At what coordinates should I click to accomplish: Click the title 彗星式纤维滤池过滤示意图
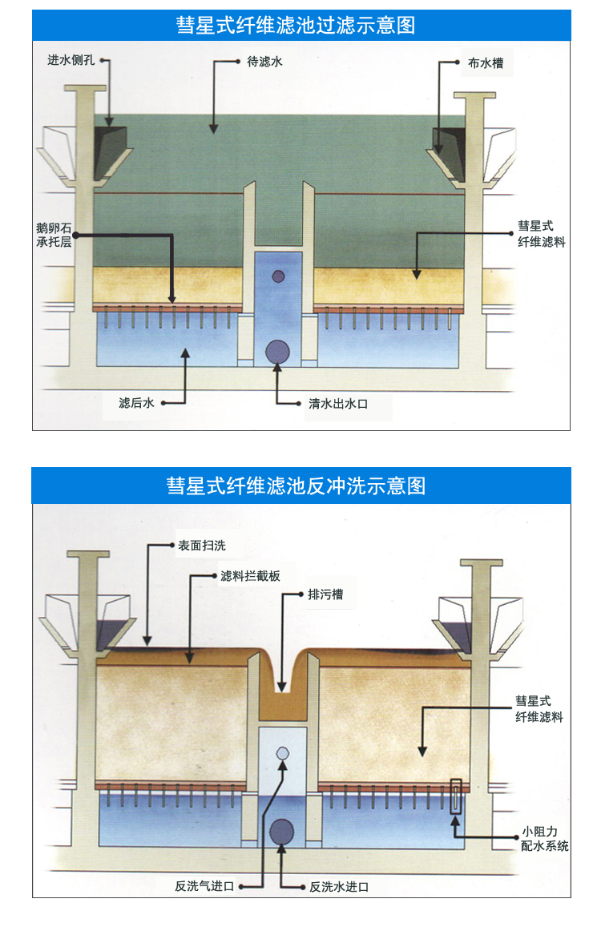(x=296, y=25)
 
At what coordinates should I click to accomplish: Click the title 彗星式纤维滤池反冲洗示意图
(x=296, y=486)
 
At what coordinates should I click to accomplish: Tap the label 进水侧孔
(x=72, y=60)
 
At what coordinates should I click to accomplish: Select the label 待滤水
(x=265, y=60)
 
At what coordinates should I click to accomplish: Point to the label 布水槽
(x=486, y=62)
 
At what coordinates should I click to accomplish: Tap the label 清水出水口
(x=338, y=404)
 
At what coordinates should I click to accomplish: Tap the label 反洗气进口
(x=204, y=886)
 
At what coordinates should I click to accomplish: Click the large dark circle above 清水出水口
(x=277, y=351)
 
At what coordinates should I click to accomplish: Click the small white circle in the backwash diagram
(x=282, y=753)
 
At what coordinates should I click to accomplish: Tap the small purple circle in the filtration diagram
(x=278, y=276)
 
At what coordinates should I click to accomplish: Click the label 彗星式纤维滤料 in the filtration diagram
(x=542, y=234)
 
